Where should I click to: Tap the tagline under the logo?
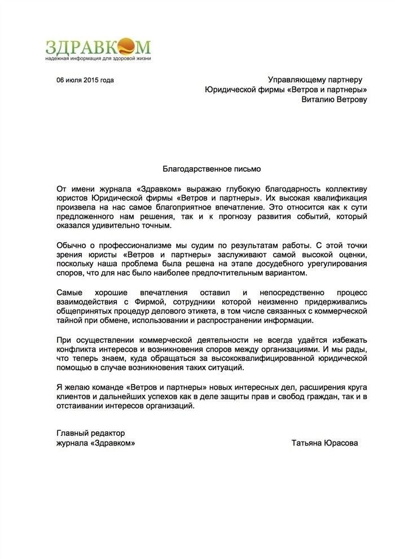[98, 58]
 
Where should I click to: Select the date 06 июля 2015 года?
[85, 80]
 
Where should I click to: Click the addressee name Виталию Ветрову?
[334, 100]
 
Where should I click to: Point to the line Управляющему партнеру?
[315, 80]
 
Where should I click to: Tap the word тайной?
[70, 321]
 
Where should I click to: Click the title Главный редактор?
[91, 433]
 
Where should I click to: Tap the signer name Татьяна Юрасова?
[325, 443]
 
